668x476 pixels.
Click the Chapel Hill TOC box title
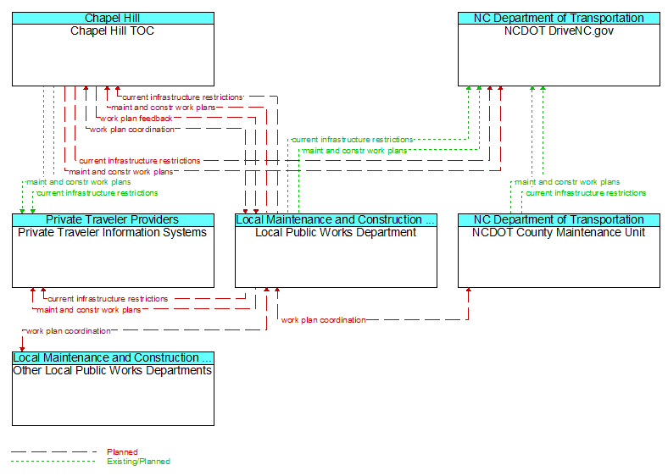pos(112,31)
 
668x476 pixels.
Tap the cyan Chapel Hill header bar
pos(113,19)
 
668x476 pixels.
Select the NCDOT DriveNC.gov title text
pos(559,31)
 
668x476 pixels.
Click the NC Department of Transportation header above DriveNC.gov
pos(559,19)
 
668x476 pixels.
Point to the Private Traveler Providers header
pos(113,219)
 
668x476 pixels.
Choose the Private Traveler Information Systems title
pos(112,232)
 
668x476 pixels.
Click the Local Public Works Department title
pos(336,232)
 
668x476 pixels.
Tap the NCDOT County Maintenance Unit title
pos(559,232)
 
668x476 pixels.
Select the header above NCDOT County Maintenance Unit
pos(559,219)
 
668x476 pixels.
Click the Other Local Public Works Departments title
pos(113,370)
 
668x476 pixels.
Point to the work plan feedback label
pos(136,119)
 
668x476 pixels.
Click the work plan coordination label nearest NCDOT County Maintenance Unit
pos(323,320)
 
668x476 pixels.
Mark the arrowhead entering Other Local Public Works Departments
pos(22,349)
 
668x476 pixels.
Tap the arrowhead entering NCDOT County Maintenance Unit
pos(469,290)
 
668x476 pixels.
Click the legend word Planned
pos(122,451)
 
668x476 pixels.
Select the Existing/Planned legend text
pos(138,461)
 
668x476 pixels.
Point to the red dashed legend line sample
pos(53,451)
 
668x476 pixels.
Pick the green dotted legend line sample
pos(53,461)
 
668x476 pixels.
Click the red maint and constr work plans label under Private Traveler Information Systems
pos(89,309)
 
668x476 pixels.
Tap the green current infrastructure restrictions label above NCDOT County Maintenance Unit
pos(586,193)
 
